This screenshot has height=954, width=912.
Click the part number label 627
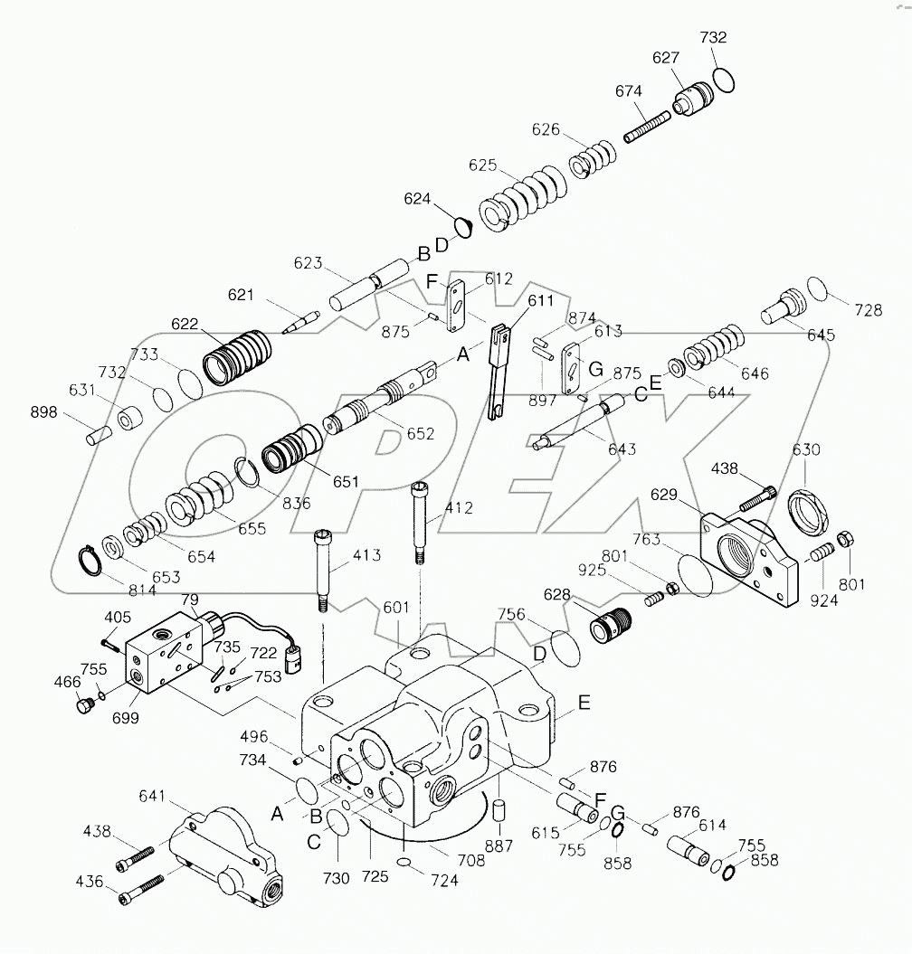pos(666,59)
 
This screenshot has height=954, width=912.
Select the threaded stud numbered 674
pos(647,125)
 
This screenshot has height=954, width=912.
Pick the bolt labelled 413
pos(322,571)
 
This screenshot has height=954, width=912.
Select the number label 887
pos(499,846)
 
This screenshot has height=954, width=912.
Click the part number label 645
pos(821,335)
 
